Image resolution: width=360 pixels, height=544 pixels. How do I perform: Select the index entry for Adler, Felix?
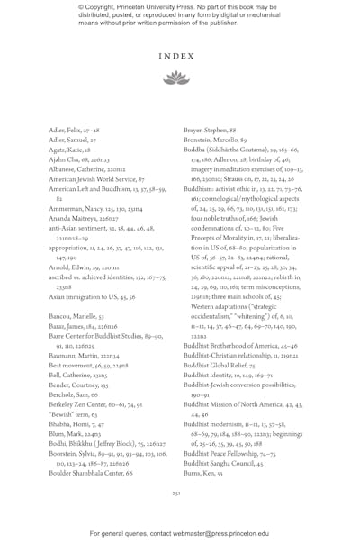coord(76,131)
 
